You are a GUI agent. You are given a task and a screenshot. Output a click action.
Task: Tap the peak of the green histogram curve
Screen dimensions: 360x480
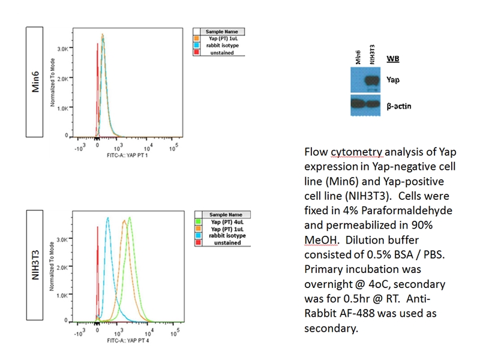coord(129,219)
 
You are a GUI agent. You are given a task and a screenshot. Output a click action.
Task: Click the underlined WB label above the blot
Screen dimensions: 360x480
coord(393,58)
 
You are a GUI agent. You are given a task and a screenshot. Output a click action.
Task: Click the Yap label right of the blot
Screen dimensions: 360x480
coord(394,79)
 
